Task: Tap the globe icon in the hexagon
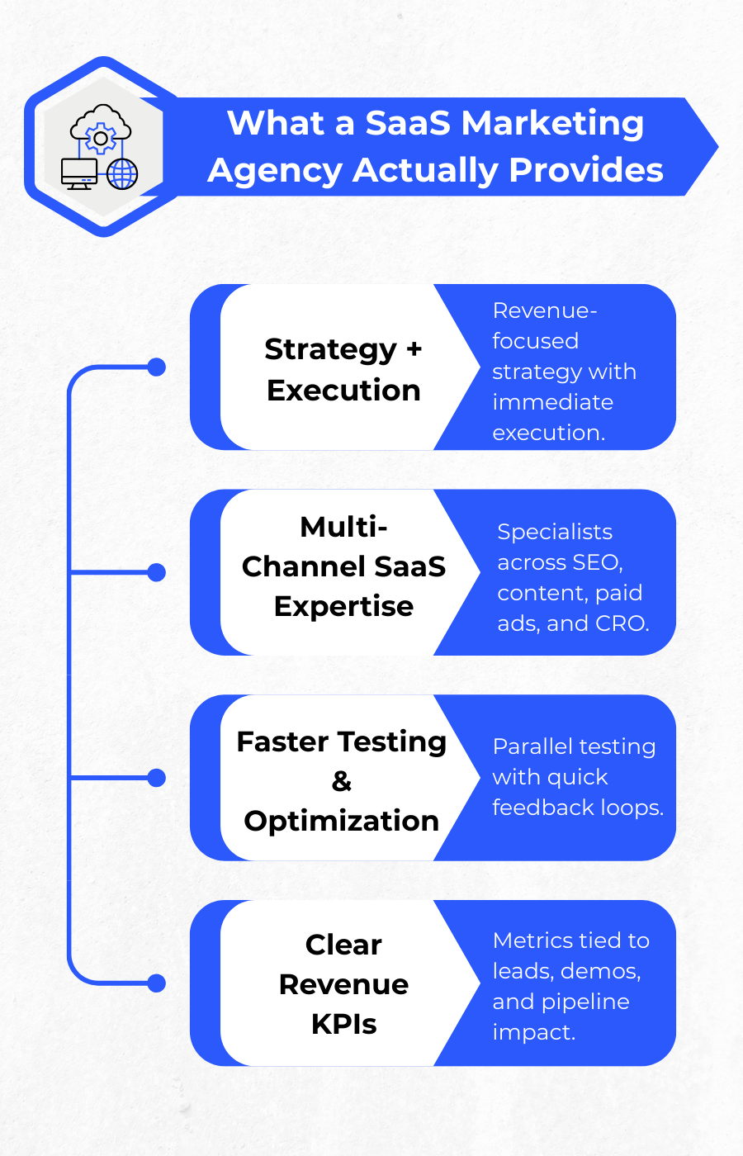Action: (x=122, y=174)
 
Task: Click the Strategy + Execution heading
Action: (x=343, y=369)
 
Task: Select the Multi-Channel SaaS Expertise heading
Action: (x=343, y=566)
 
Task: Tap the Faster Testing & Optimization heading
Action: (x=342, y=780)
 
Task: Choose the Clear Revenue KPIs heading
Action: (x=343, y=983)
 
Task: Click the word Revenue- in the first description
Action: (x=545, y=310)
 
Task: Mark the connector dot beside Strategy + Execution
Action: (x=156, y=367)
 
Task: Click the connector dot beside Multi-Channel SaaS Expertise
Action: (x=156, y=572)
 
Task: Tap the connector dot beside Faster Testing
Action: (x=156, y=778)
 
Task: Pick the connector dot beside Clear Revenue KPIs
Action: (x=156, y=983)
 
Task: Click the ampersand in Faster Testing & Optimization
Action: (x=342, y=781)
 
